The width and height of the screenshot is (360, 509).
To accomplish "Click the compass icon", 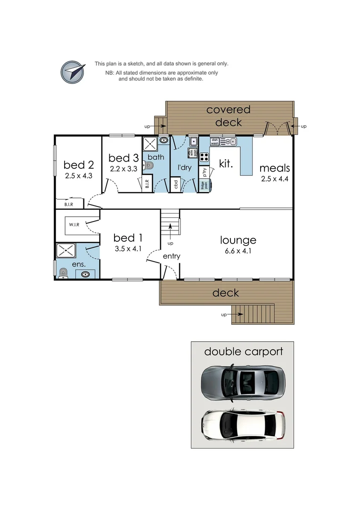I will point(73,72).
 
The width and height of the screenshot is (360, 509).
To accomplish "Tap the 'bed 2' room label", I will point(78,164).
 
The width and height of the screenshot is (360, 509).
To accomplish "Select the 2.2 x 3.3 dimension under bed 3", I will point(123,168).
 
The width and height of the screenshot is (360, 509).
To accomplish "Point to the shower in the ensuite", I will point(63,250).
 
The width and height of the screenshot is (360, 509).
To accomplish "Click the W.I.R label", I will point(74,225).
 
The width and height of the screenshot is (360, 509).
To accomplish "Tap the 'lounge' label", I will point(238,240).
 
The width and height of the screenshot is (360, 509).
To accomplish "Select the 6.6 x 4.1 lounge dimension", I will point(238,251).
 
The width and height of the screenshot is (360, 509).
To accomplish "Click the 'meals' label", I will point(274,168).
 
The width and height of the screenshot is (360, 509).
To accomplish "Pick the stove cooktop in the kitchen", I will point(204,157).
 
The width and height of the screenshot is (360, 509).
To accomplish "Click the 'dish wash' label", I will point(214,140).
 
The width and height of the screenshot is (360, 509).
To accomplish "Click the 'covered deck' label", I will point(229,116).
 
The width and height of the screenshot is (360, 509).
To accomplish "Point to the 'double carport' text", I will point(243,352).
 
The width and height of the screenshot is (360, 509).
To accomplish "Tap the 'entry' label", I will point(172,256).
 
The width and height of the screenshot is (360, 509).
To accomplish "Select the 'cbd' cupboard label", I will point(175,184).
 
